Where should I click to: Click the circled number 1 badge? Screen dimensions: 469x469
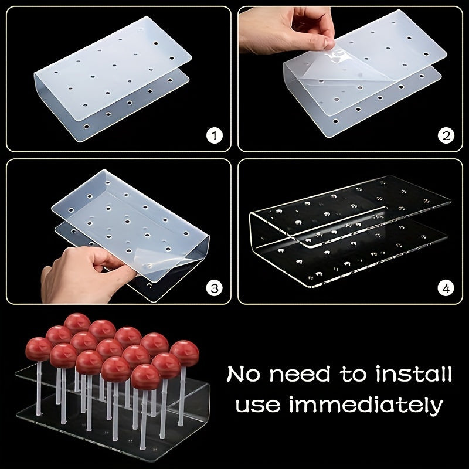click(216, 137)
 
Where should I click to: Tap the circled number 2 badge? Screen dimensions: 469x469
click(447, 137)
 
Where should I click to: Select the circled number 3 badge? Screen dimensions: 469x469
click(216, 288)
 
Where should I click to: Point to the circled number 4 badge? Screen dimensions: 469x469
click(447, 288)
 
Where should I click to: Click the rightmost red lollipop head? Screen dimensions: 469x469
click(184, 352)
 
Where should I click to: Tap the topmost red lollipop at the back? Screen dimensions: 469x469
click(77, 323)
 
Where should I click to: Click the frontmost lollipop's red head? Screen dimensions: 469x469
click(144, 376)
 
